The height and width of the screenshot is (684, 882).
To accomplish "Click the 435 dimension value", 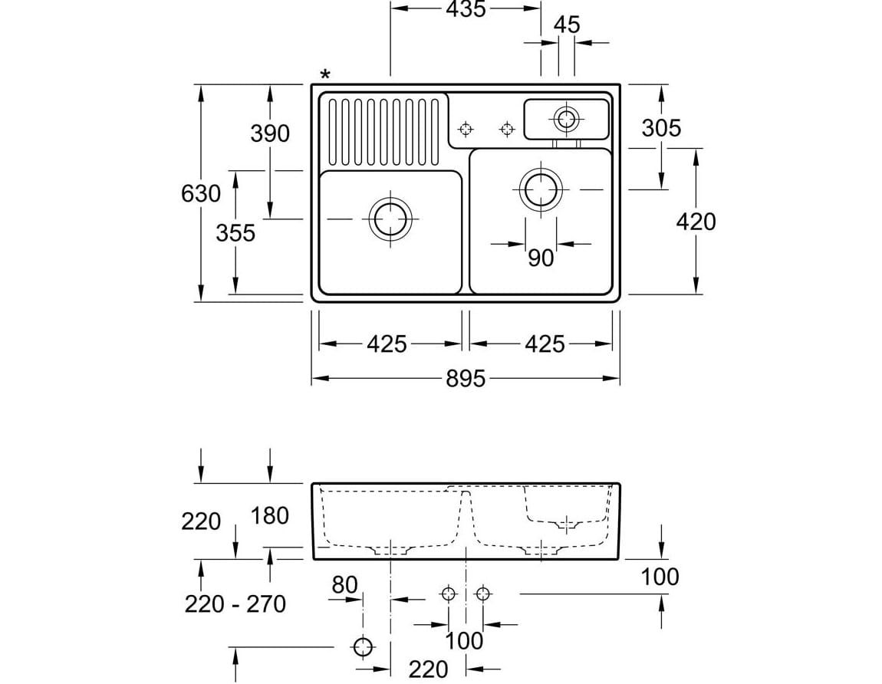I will (466, 9).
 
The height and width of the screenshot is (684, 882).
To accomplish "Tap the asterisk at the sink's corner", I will (325, 75).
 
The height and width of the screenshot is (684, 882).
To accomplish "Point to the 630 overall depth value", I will (201, 193).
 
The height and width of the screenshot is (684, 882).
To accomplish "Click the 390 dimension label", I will (270, 133).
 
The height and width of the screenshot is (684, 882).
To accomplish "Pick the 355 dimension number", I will (235, 232).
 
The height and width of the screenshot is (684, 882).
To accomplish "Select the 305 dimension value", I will (661, 128).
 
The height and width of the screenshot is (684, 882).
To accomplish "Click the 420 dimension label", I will (696, 222).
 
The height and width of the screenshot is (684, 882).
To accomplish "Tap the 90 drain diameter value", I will (541, 258).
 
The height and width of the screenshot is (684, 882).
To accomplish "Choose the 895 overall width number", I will (466, 379).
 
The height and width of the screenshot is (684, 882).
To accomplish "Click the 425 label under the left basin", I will (387, 344).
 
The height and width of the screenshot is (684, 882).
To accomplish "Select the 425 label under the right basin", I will (545, 344).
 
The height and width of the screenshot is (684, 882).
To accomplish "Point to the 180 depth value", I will (270, 515).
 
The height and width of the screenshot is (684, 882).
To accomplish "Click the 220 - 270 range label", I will (235, 604).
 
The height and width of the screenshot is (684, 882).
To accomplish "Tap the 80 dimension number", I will (345, 584).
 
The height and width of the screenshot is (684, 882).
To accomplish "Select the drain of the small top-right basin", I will (567, 119).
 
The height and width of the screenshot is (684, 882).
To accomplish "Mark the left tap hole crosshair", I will (466, 129).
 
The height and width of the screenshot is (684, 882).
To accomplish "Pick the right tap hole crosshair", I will (506, 129).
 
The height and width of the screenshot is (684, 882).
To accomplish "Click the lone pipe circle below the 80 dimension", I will (363, 646).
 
